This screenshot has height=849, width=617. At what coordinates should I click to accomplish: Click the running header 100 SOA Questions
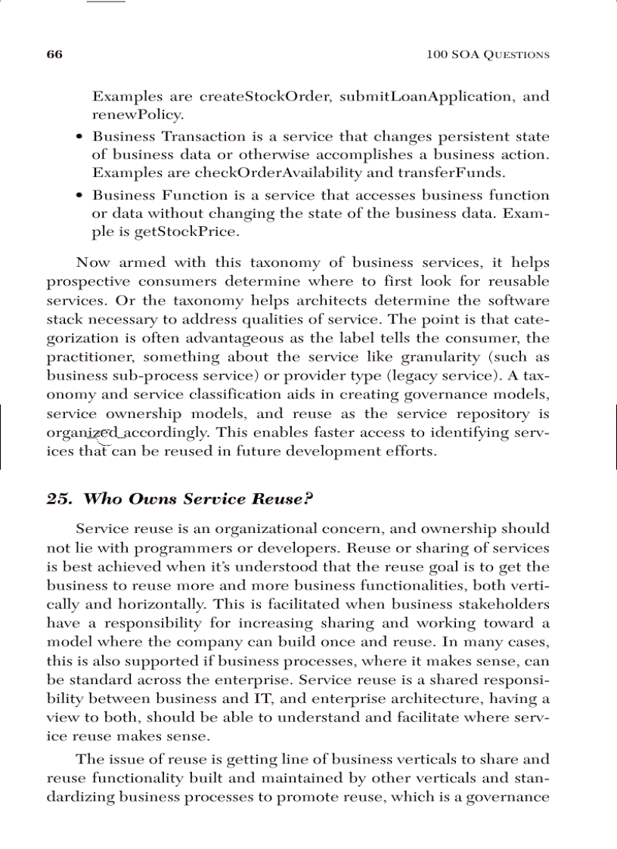click(488, 54)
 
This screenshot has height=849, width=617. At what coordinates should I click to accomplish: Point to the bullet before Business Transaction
click(80, 138)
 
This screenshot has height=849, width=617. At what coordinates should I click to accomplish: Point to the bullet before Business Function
click(80, 196)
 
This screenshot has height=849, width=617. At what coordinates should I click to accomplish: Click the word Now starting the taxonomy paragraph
click(93, 263)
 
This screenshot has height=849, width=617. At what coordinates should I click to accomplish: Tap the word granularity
click(452, 357)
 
